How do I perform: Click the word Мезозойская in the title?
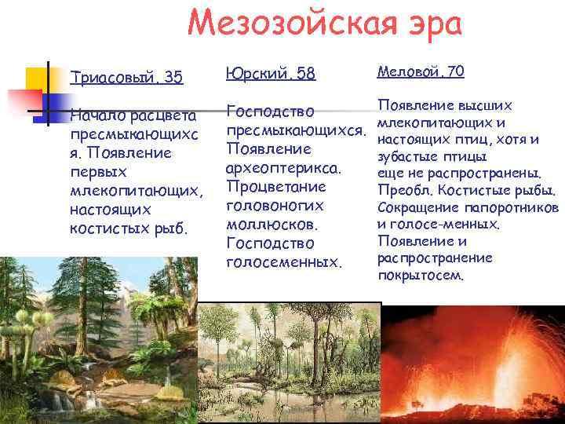click(x=287, y=24)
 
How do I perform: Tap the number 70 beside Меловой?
click(x=453, y=72)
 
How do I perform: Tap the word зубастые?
click(x=404, y=156)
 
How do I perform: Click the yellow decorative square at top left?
click(x=38, y=79)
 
